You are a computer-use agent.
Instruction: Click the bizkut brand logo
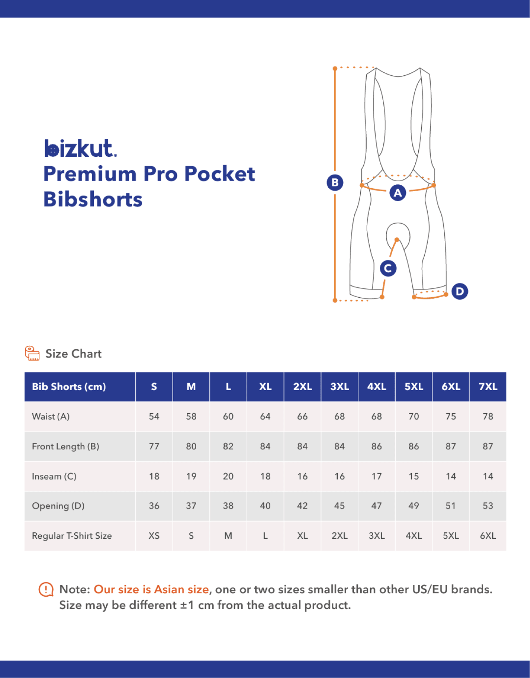[x=80, y=149]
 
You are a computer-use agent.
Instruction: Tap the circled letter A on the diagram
[x=397, y=193]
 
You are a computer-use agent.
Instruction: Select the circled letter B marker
[x=335, y=183]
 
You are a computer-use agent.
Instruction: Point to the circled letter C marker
[x=388, y=268]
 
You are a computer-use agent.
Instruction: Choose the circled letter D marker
[x=459, y=291]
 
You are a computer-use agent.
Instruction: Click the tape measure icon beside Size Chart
[x=32, y=353]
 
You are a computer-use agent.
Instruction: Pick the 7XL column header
[x=488, y=387]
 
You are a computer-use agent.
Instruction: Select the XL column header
[x=265, y=387]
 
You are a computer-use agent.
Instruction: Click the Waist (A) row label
[x=51, y=417]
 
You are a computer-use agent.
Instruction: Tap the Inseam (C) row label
[x=54, y=476]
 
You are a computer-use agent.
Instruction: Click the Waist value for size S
[x=154, y=417]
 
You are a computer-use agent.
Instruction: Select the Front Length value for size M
[x=191, y=446]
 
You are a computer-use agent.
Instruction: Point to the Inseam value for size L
[x=228, y=476]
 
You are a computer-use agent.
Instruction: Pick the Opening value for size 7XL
[x=488, y=506]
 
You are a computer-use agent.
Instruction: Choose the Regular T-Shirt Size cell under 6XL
[x=451, y=536]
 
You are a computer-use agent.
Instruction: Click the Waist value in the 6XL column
[x=451, y=417]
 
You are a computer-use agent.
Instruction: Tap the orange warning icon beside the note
[x=46, y=590]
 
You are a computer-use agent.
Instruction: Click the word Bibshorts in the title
[x=93, y=199]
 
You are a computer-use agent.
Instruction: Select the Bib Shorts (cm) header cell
[x=69, y=387]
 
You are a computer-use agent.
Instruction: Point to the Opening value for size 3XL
[x=339, y=506]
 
